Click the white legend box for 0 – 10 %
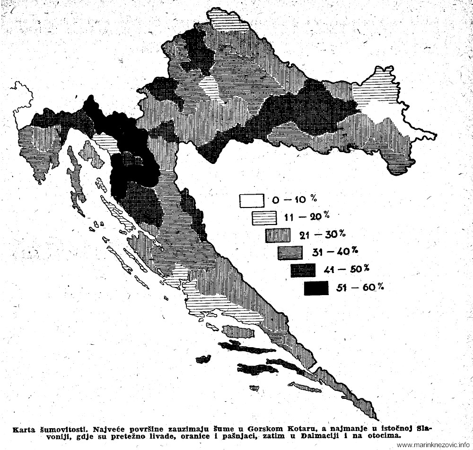click(x=251, y=201)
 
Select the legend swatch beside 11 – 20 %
click(x=264, y=218)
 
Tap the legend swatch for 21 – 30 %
click(x=277, y=235)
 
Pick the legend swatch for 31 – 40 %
click(x=290, y=252)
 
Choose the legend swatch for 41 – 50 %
click(x=303, y=270)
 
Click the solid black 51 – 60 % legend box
click(x=316, y=288)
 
